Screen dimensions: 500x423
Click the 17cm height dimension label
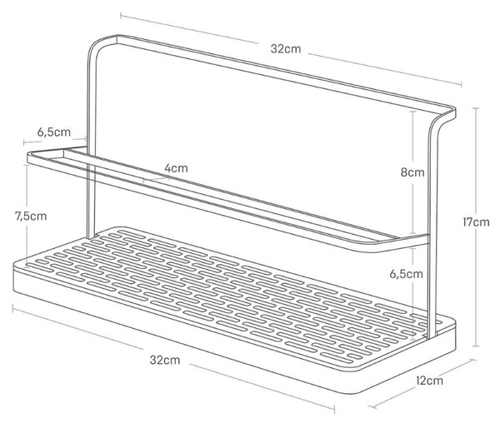(476, 222)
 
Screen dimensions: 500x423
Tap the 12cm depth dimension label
(429, 380)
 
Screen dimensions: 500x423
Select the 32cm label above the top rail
(286, 49)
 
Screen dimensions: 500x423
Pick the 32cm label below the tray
(165, 360)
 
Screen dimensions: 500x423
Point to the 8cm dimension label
(412, 172)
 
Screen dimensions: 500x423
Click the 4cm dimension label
(176, 168)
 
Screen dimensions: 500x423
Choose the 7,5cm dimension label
(31, 216)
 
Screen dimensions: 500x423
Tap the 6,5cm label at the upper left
(54, 132)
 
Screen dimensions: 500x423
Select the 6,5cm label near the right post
(407, 274)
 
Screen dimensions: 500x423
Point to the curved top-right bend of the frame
(443, 121)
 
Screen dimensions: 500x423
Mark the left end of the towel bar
(29, 157)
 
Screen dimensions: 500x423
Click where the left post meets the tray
(91, 236)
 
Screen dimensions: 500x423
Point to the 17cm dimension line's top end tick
(476, 108)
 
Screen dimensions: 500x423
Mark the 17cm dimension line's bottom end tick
(476, 346)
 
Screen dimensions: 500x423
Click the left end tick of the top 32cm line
(121, 15)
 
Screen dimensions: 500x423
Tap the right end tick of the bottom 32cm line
(334, 410)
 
